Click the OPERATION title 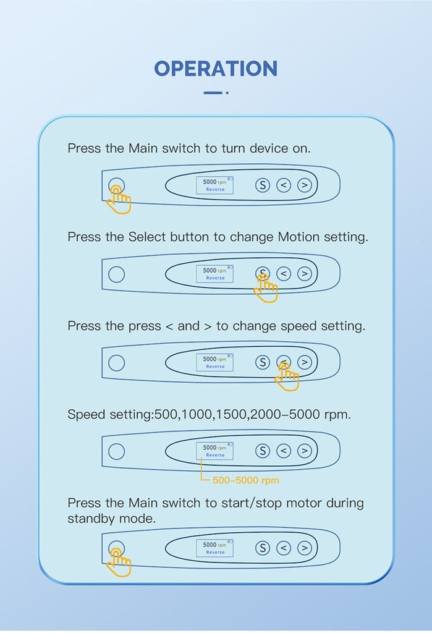216,69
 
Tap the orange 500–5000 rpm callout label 245,480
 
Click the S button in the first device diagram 263,185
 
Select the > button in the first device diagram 305,185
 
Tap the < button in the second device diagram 284,274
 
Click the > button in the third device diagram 305,362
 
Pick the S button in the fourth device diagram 263,451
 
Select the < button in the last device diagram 284,548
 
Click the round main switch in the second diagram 116,274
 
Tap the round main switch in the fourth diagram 116,451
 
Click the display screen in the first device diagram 215,185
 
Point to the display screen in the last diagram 215,548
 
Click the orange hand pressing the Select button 266,288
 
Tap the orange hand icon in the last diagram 119,563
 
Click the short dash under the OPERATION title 213,93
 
